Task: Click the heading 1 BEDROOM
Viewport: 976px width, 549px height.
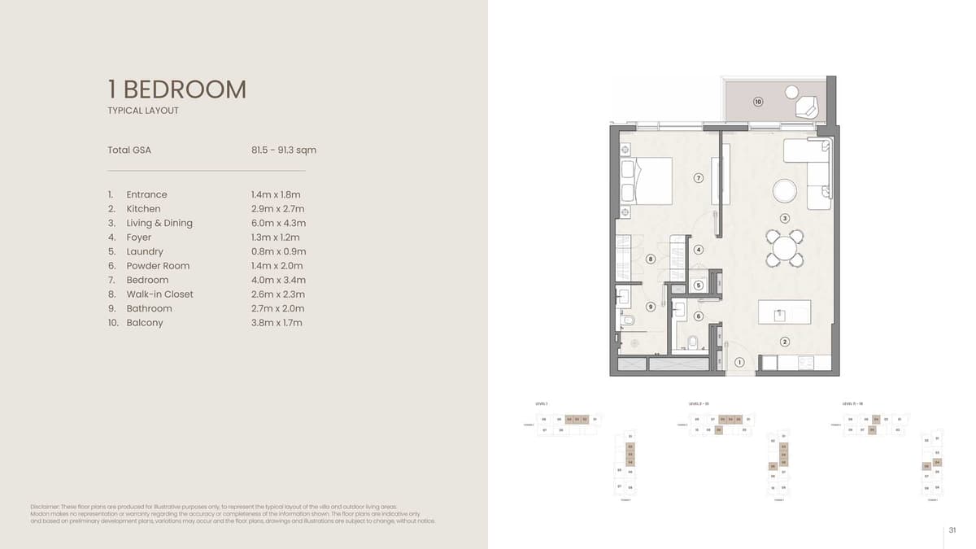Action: [x=176, y=89]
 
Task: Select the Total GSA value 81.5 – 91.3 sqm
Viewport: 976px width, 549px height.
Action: [x=284, y=150]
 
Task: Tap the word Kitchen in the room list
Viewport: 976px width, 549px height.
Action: [x=143, y=209]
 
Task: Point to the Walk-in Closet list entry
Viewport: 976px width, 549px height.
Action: [x=159, y=294]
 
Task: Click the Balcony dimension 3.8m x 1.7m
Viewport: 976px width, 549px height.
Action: [x=277, y=323]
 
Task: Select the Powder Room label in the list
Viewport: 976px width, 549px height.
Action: [x=158, y=266]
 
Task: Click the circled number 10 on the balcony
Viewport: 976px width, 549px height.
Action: [x=758, y=102]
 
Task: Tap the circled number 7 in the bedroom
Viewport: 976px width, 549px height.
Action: [x=698, y=178]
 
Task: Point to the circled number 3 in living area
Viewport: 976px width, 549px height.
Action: [x=785, y=218]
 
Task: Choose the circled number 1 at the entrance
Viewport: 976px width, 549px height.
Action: [x=739, y=362]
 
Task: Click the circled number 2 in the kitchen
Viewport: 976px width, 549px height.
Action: [x=785, y=342]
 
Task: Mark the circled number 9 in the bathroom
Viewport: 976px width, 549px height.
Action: [x=651, y=307]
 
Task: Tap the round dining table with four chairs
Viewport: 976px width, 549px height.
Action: [x=785, y=247]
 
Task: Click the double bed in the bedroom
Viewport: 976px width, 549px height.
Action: [x=647, y=181]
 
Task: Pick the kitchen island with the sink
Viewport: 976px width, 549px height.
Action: [x=784, y=313]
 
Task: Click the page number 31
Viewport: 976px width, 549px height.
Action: [x=952, y=530]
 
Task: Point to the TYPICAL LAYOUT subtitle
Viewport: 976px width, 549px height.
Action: [x=143, y=111]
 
